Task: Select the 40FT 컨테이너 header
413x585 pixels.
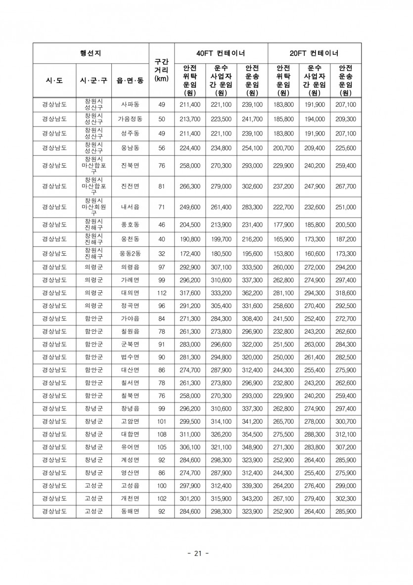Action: [x=221, y=53]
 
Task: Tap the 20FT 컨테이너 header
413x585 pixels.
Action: [x=314, y=53]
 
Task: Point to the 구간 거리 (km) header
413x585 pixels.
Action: [x=161, y=70]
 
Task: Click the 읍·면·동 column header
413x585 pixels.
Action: [x=130, y=80]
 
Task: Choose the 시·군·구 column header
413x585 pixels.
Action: [x=93, y=80]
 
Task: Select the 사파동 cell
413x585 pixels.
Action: [x=130, y=105]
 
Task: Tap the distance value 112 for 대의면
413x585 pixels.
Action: [x=161, y=292]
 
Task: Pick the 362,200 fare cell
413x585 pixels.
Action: [x=252, y=292]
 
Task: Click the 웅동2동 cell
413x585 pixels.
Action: [x=130, y=254]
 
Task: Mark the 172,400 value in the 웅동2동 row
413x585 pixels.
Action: [x=190, y=254]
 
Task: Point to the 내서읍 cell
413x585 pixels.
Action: [x=130, y=207]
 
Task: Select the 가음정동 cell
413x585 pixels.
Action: [x=130, y=119]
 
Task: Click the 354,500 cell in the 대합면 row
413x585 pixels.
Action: [x=252, y=434]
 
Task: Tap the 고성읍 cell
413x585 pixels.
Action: [x=130, y=485]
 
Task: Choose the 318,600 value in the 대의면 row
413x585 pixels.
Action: [x=345, y=292]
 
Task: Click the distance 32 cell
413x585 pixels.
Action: [x=161, y=254]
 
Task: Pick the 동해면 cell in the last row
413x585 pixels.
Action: [x=130, y=511]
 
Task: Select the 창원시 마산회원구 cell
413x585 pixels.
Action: [x=93, y=207]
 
